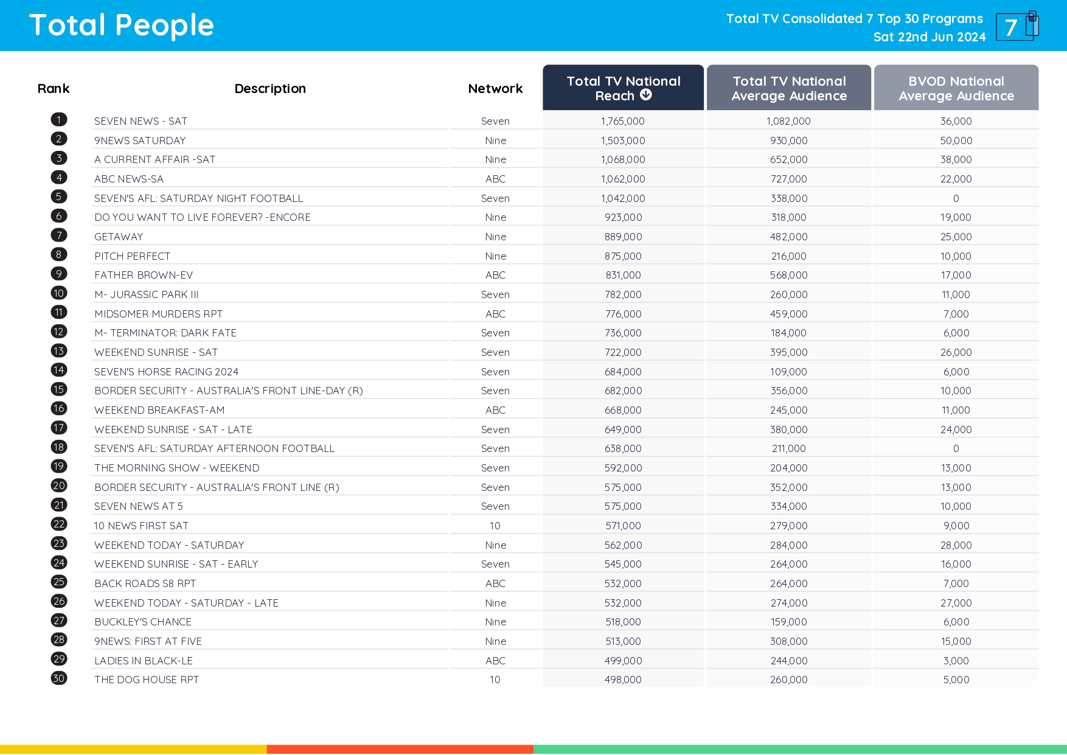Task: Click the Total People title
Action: coord(122,26)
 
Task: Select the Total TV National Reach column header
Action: coord(623,88)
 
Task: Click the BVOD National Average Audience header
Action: coord(956,88)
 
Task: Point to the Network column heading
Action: coord(495,89)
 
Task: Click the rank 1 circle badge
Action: coord(59,120)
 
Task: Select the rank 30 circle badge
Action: coord(59,678)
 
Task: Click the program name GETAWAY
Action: coord(119,237)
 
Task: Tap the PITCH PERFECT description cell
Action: coord(132,256)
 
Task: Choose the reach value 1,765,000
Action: coord(622,121)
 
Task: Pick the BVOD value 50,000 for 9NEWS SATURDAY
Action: coord(956,141)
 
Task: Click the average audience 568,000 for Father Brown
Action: coord(788,275)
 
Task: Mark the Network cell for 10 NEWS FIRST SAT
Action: coord(495,526)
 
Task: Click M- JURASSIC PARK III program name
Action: coord(147,294)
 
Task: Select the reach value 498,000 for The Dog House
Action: coord(622,680)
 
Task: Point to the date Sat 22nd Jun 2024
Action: coord(929,37)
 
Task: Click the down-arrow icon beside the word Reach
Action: coord(646,95)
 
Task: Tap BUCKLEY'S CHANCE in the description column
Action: coord(143,622)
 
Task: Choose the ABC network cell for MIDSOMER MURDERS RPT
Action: coord(495,314)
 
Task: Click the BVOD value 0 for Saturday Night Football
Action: coord(956,198)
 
